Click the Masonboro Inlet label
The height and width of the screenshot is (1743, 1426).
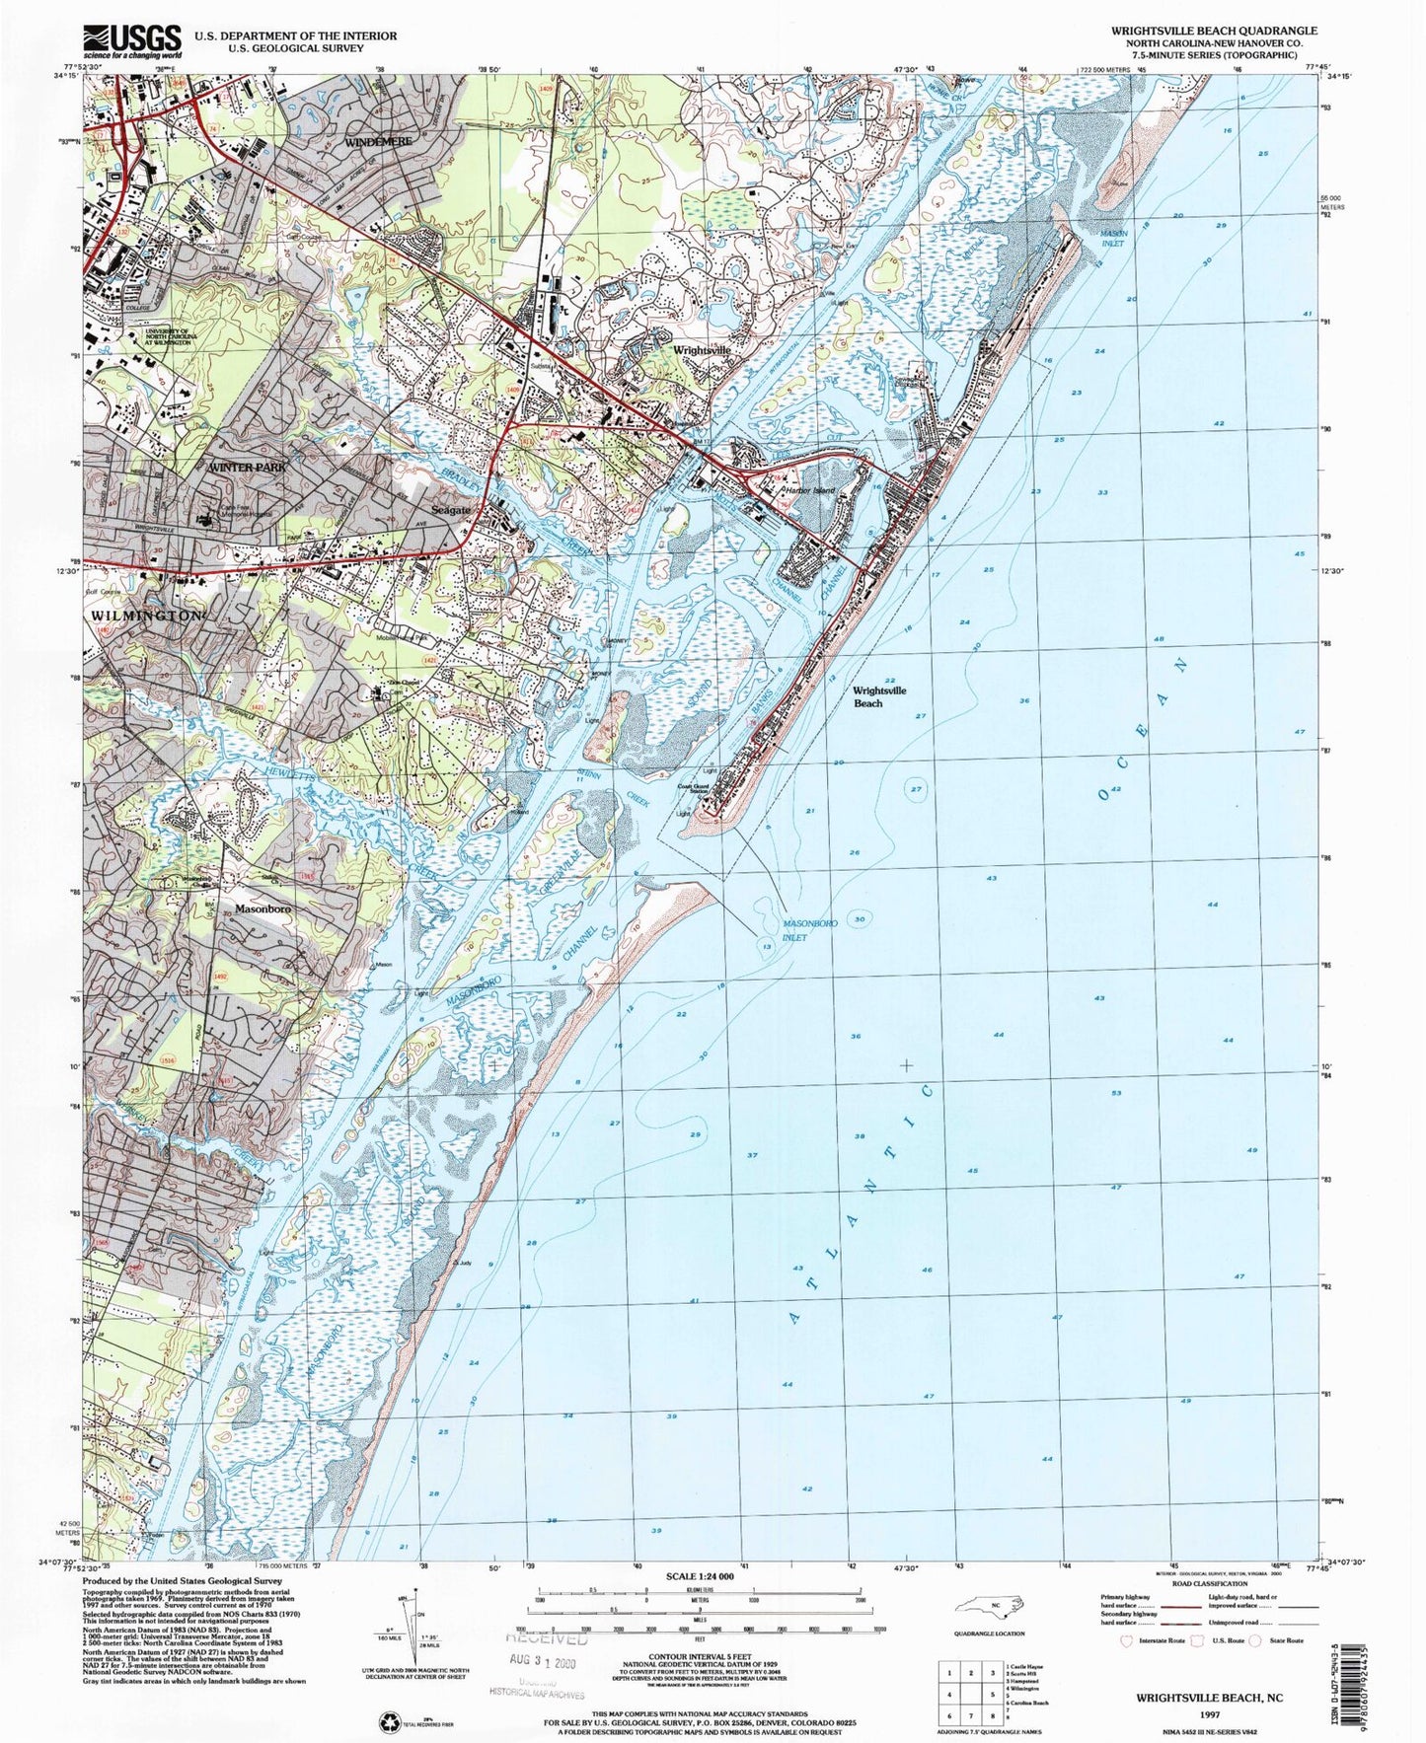coord(809,929)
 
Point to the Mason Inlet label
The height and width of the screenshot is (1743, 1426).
coord(1112,238)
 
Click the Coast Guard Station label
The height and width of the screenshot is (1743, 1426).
coord(693,788)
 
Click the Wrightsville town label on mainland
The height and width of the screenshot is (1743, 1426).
coord(702,350)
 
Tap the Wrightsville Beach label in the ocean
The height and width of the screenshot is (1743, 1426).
coord(880,696)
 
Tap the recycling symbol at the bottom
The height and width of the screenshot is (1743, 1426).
coord(387,1720)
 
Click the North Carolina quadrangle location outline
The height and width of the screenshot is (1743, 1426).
coord(997,1605)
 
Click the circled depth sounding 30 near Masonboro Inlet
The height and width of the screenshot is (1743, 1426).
coord(860,918)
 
